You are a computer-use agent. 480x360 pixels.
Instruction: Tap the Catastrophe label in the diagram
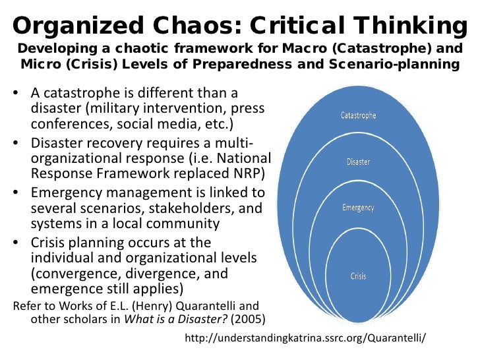pyautogui.click(x=358, y=115)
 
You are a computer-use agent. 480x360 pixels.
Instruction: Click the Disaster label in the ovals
pyautogui.click(x=358, y=161)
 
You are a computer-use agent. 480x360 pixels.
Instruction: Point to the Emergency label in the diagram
pyautogui.click(x=358, y=208)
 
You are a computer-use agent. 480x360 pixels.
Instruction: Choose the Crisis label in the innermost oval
pyautogui.click(x=358, y=276)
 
